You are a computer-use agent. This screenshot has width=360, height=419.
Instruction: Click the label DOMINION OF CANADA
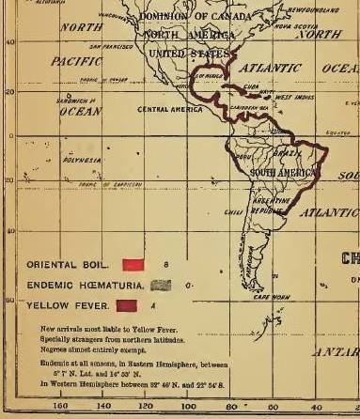[196, 16]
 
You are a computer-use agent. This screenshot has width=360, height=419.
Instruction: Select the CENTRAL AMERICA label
[165, 110]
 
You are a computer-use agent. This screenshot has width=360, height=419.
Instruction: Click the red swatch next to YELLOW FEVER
[127, 304]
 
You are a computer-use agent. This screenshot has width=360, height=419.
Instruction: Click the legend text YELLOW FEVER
[64, 305]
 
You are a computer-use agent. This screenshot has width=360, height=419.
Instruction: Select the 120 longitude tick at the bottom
[146, 407]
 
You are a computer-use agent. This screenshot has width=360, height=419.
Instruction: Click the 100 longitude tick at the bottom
[188, 407]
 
